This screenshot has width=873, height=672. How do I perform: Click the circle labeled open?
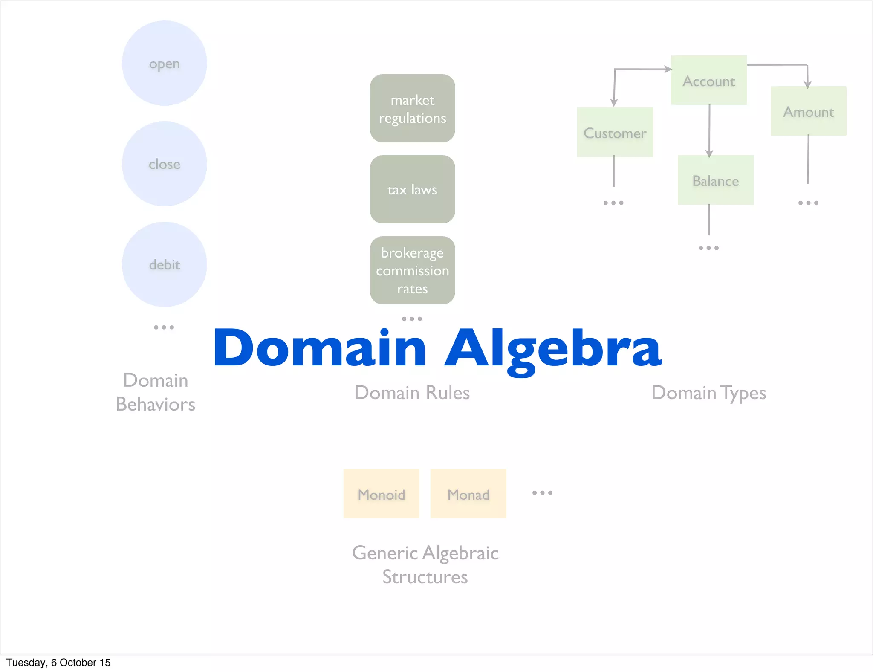[x=165, y=64]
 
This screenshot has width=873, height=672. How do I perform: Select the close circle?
[x=165, y=164]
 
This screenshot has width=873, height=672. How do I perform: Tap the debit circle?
[x=165, y=264]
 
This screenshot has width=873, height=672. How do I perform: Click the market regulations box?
[x=412, y=108]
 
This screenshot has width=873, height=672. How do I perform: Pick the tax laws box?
[x=412, y=189]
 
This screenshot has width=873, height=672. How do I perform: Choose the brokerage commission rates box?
[x=412, y=270]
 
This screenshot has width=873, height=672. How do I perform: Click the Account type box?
[x=708, y=80]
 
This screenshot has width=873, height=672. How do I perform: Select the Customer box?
[x=615, y=132]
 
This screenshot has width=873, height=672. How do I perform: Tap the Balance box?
[x=715, y=180]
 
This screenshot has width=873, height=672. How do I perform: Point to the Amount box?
[x=808, y=111]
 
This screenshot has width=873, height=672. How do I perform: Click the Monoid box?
[x=381, y=494]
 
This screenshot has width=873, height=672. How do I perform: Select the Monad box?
[x=468, y=494]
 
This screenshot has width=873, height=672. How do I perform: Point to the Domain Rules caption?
[x=412, y=393]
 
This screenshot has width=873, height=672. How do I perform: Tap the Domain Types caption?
[x=708, y=393]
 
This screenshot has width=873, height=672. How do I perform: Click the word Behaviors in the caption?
[x=156, y=404]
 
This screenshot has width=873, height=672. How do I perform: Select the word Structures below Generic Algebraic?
[x=425, y=577]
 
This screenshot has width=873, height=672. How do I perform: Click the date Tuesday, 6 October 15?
[x=58, y=663]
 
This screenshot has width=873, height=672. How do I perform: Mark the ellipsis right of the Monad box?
[x=542, y=493]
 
